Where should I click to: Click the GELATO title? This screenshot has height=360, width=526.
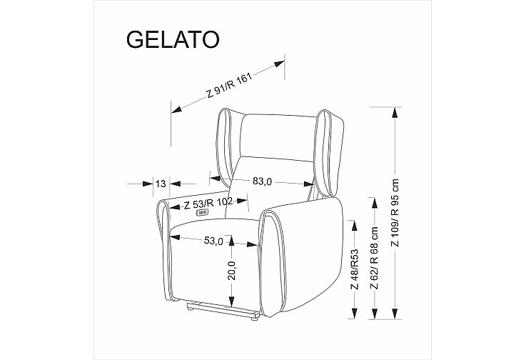click(173, 39)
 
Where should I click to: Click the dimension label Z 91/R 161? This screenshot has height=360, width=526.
click(229, 85)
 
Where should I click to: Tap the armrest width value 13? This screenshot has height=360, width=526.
click(161, 184)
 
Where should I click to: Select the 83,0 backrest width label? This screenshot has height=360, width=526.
click(262, 181)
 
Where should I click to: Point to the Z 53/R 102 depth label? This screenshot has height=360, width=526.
click(208, 204)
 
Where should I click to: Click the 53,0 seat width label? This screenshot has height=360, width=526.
click(213, 241)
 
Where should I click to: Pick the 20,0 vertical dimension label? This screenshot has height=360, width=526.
click(232, 270)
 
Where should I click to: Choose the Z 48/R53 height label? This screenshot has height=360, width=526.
click(354, 269)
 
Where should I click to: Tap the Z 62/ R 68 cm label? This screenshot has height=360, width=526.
click(374, 258)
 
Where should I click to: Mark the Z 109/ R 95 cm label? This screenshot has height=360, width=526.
click(395, 213)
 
